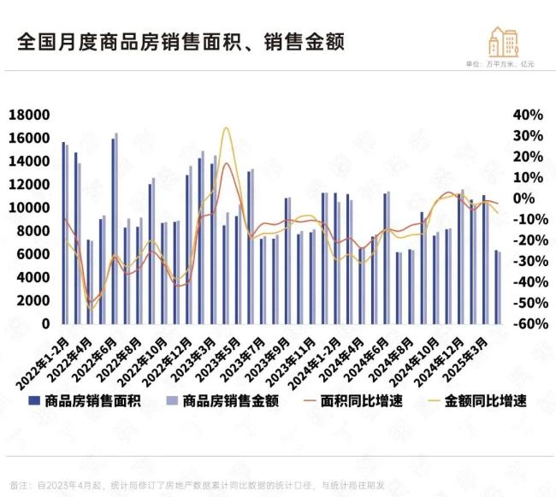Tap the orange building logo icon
[502, 41]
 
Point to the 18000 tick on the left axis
[28, 115]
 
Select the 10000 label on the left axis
[28, 208]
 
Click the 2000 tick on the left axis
[33, 301]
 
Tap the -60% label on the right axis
[527, 324]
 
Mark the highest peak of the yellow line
[225, 128]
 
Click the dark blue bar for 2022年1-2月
[63, 233]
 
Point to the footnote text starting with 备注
[197, 485]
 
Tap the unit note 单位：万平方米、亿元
[499, 65]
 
